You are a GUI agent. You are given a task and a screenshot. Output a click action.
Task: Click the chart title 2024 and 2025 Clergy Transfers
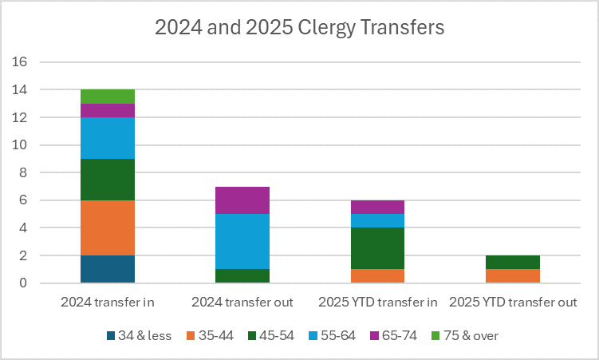tap(299, 26)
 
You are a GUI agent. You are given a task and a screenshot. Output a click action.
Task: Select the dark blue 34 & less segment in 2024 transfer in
tap(107, 269)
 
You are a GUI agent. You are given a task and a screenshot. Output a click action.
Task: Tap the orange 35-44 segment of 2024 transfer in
tap(107, 227)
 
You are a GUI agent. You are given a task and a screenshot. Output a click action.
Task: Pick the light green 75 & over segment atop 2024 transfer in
tap(107, 97)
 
